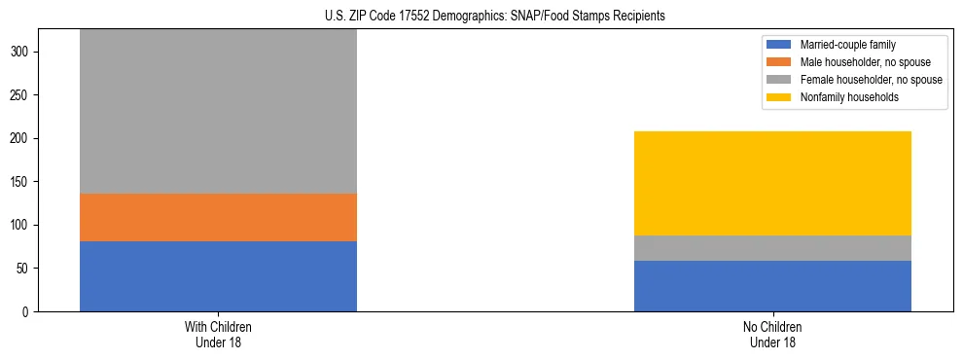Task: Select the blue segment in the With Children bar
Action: tap(218, 276)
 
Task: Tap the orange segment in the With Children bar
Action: tap(218, 217)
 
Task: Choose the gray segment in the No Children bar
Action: tap(772, 248)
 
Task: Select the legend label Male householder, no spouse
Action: tap(859, 62)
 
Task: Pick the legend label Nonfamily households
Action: tap(842, 97)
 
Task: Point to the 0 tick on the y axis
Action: tap(27, 311)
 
